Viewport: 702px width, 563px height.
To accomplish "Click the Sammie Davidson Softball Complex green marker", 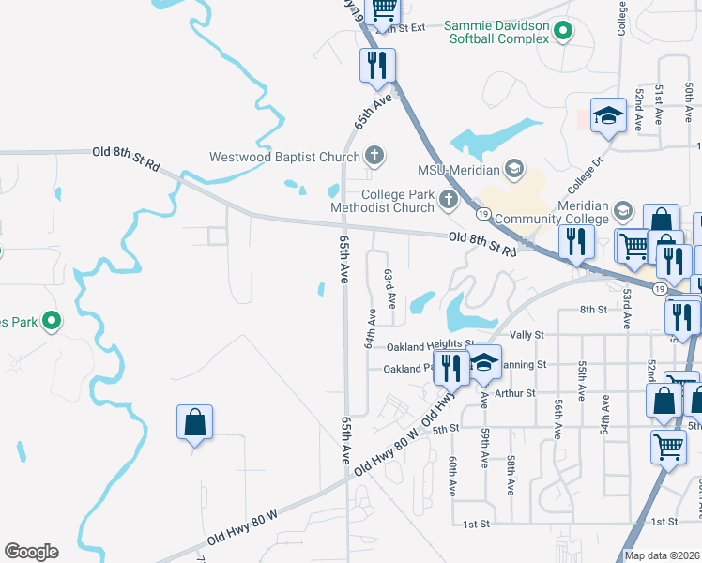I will (563, 33).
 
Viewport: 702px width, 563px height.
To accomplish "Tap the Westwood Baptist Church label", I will (285, 157).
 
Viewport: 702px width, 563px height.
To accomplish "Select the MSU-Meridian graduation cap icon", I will (513, 170).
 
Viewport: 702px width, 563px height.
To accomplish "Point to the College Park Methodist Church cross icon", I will (448, 198).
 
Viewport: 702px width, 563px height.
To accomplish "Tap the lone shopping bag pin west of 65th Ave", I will (194, 423).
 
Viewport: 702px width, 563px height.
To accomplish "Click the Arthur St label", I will (514, 393).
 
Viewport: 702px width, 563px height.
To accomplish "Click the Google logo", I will (31, 552).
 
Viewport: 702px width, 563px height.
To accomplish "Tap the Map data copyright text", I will (662, 556).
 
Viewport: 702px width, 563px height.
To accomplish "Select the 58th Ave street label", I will (511, 477).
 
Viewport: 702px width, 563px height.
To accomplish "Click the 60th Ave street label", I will (452, 477).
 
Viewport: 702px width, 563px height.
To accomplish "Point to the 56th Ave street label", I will (558, 418).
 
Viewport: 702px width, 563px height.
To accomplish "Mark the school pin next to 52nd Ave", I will (608, 117).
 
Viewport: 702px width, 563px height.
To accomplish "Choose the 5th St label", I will (447, 428).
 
